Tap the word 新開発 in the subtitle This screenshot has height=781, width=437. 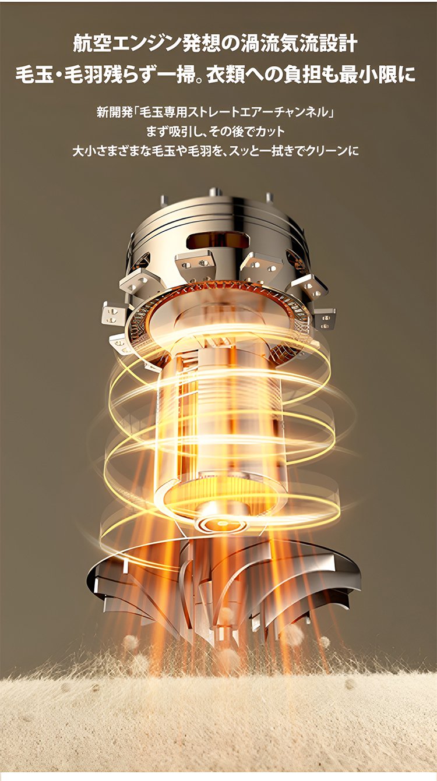click(111, 112)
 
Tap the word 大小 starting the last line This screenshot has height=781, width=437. click(83, 151)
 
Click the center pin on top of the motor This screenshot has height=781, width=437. click(215, 192)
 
